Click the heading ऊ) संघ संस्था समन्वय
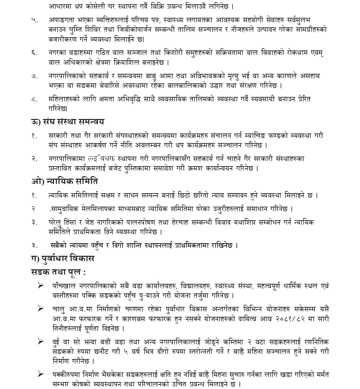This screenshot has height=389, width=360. (x=68, y=122)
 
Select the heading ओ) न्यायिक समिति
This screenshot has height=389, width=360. (x=65, y=181)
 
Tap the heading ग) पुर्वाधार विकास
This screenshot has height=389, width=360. (x=63, y=258)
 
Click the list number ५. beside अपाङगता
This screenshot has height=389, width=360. (x=35, y=20)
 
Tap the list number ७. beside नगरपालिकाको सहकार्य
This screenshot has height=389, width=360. (x=35, y=76)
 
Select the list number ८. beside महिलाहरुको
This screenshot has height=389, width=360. (x=35, y=99)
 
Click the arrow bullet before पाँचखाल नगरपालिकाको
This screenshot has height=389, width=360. (x=41, y=285)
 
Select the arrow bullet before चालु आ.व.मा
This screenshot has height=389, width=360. (x=41, y=309)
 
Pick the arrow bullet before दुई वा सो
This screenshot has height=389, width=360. (x=41, y=342)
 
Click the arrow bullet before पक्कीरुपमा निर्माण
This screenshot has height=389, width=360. (x=41, y=374)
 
